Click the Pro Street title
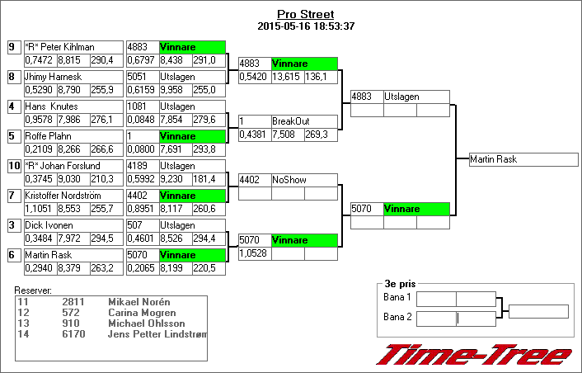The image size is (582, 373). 305,15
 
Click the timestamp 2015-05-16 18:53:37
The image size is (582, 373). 305,26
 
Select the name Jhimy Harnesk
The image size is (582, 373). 54,77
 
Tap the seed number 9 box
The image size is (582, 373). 12,47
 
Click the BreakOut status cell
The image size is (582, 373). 303,121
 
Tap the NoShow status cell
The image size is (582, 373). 303,179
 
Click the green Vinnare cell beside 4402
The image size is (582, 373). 191,196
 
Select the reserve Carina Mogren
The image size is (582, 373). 142,313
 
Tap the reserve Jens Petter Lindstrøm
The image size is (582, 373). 157,333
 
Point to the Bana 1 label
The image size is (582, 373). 397,297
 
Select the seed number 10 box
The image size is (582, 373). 12,166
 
